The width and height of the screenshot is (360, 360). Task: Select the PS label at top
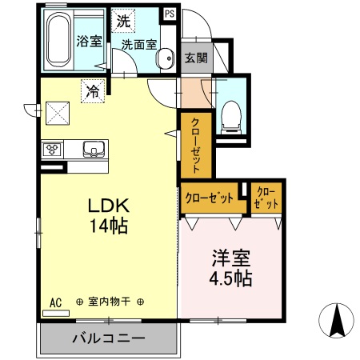[170, 14]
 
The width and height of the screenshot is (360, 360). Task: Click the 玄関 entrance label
[197, 57]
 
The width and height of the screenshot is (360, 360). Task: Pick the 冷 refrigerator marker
[93, 92]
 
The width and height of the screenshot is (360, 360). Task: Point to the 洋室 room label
[232, 258]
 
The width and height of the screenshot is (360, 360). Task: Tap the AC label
[55, 302]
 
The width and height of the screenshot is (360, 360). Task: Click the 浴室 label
[88, 42]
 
